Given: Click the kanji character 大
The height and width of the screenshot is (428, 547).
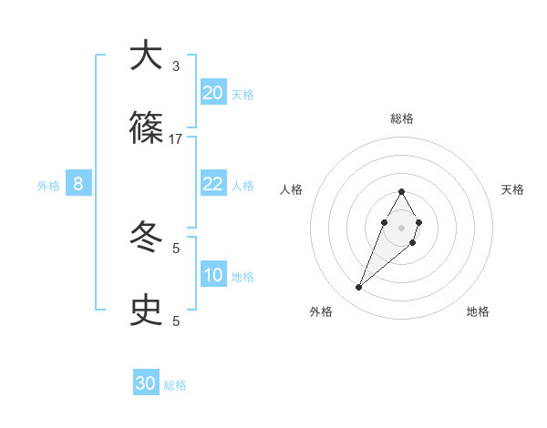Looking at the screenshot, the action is (147, 56).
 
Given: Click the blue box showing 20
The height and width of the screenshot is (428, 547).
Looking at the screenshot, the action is (213, 93).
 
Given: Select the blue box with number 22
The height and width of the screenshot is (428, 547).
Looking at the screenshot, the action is (213, 184).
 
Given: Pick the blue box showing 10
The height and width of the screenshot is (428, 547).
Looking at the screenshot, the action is (213, 275).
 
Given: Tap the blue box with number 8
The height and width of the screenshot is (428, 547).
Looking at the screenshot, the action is (78, 184).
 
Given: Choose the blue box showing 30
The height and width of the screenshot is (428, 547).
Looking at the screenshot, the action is (146, 383).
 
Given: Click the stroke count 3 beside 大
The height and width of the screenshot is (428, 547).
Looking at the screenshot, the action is (176, 66).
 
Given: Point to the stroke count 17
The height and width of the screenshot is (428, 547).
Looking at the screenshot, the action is (176, 139).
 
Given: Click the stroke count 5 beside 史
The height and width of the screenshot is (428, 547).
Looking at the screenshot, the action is (176, 321).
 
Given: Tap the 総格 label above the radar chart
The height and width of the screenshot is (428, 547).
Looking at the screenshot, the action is (401, 118).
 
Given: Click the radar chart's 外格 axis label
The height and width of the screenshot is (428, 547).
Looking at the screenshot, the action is (320, 311).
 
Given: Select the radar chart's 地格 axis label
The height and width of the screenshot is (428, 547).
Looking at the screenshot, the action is (478, 311).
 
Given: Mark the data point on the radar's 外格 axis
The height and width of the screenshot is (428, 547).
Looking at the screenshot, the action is (358, 288).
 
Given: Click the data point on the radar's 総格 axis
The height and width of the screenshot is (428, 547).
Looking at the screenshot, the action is (401, 191).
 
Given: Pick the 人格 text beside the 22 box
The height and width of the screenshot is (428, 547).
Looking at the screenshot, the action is (243, 186).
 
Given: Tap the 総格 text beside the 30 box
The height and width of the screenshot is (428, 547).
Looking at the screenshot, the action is (175, 385).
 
